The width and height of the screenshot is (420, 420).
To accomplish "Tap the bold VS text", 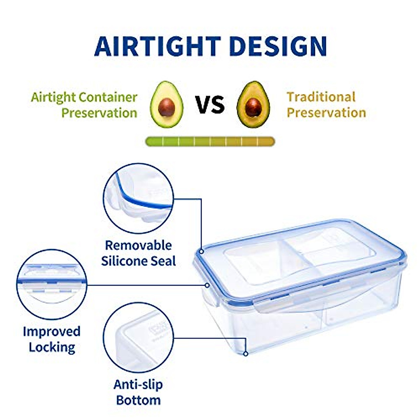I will point(210,105).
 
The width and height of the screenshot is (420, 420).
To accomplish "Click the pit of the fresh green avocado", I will point(167,107).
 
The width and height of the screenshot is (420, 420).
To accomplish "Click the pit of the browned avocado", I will point(253,107).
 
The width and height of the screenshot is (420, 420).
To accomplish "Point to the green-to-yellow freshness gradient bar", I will point(210,142).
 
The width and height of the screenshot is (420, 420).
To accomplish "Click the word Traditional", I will point(321,97).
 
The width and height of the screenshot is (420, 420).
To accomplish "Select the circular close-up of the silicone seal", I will point(139,198).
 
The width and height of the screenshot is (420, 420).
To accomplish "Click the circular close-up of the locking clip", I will point(52,284).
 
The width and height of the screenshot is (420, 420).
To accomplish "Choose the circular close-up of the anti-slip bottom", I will point(139,337).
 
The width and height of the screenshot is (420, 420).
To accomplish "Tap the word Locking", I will point(52,347).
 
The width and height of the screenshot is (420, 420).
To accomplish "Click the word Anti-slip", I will point(138,385).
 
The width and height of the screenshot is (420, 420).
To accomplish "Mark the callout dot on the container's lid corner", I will point(202,251).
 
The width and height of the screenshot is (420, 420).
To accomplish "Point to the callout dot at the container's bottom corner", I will point(246,354).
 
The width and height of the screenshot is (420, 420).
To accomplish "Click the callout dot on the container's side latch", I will point(207,285).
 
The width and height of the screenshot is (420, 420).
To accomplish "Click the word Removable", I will point(138,245).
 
